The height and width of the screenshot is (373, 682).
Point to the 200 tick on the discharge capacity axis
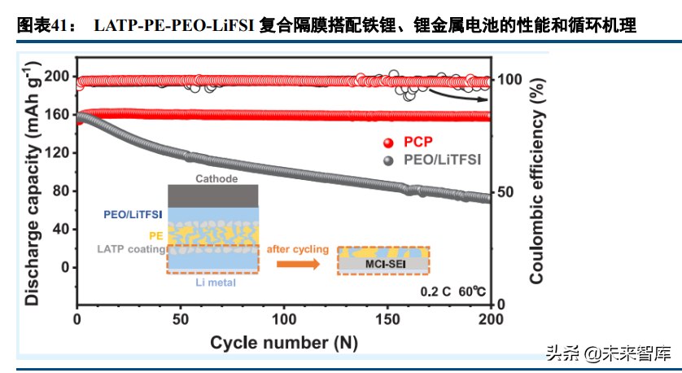[x=55, y=77]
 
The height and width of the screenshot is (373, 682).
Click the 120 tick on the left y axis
[x=55, y=152]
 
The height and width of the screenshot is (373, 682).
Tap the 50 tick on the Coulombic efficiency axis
[x=507, y=192]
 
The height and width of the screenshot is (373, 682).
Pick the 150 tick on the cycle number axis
[x=387, y=319]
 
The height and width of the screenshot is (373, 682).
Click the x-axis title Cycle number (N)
[x=283, y=342]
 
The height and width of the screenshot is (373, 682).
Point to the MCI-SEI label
[x=382, y=264]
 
